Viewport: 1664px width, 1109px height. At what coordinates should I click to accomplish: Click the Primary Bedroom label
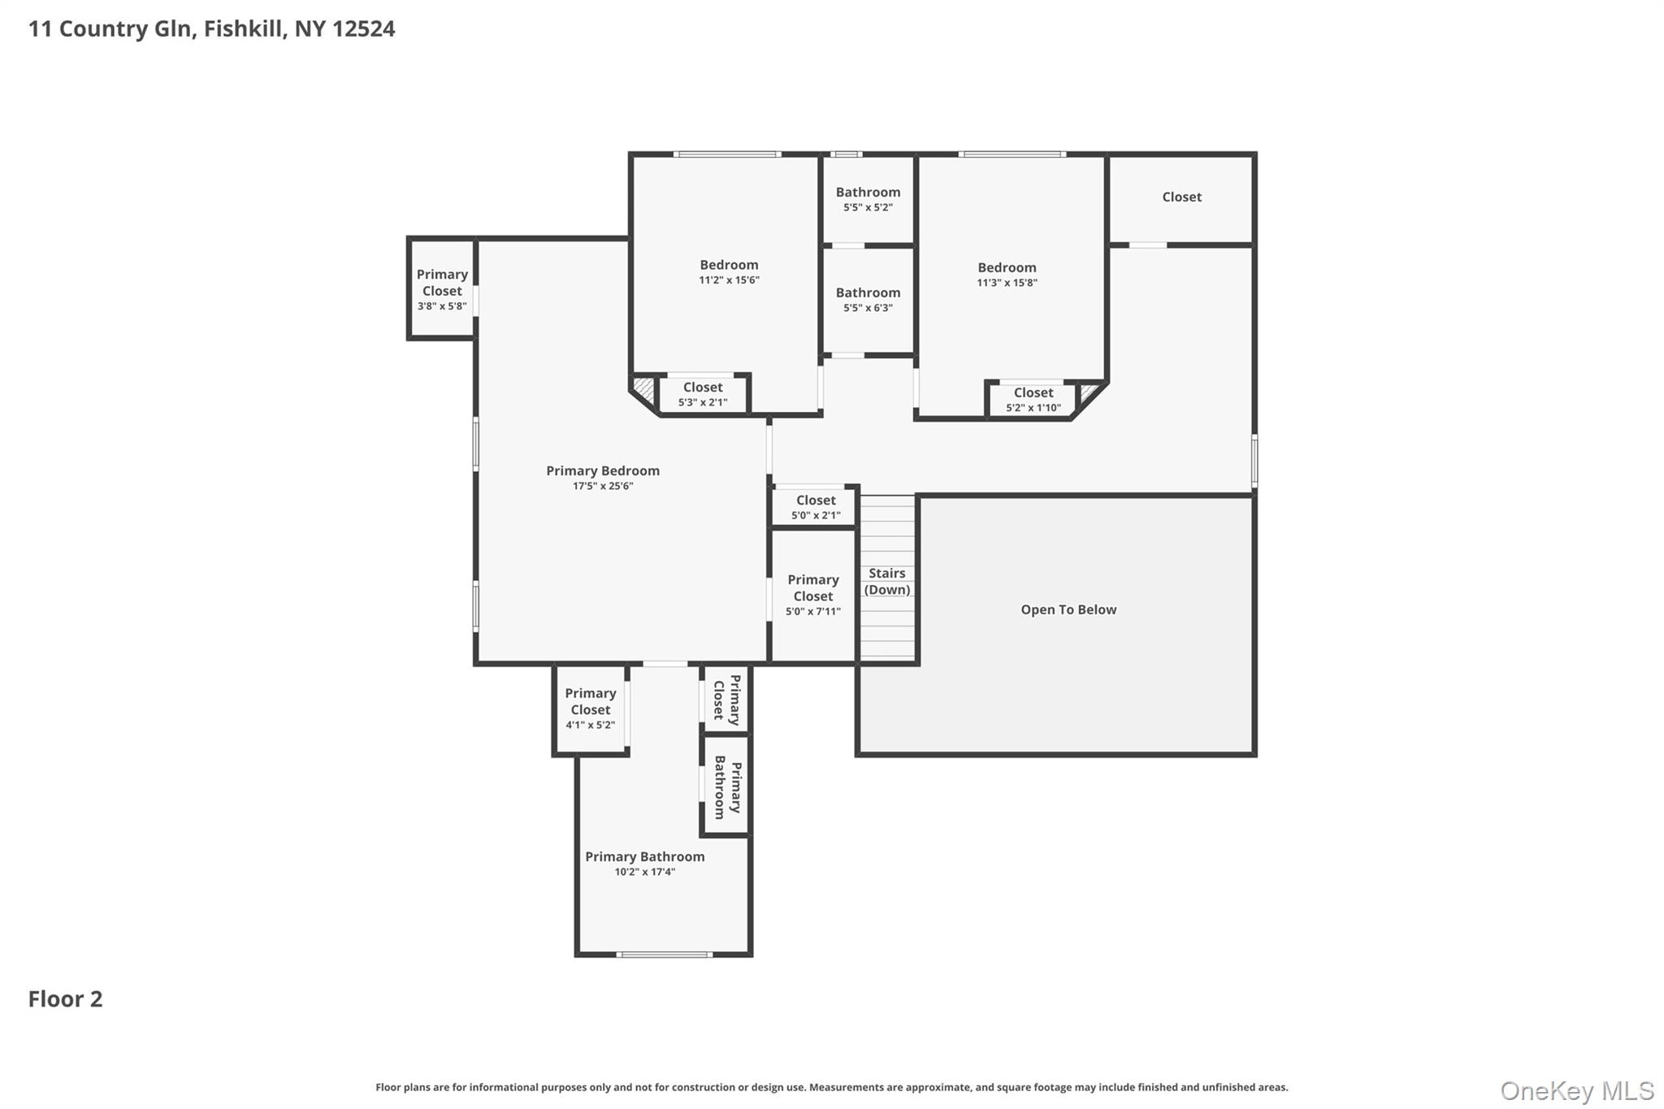pos(602,470)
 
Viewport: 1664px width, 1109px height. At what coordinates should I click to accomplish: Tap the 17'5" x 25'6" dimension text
pos(602,486)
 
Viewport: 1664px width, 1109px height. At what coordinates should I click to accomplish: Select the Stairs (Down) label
pos(886,581)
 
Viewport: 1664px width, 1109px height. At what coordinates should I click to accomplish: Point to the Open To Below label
pos(1068,609)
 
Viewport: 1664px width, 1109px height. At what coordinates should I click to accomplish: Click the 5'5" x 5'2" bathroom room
pos(868,199)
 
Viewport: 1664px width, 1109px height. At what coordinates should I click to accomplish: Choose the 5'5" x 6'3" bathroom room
pos(868,301)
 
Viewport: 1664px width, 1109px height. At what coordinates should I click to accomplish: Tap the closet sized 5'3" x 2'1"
pos(703,394)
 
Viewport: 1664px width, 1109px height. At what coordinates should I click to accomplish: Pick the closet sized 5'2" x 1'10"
pos(1033,399)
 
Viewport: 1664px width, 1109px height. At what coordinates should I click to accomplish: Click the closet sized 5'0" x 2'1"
pos(815,507)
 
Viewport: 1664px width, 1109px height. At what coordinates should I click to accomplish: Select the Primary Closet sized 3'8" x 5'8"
pos(442,288)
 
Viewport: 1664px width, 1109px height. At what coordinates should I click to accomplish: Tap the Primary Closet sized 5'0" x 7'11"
pos(813,596)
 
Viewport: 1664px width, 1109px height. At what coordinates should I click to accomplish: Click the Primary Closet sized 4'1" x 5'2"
pos(590,709)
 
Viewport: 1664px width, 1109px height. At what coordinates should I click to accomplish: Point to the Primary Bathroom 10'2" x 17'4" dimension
pos(644,872)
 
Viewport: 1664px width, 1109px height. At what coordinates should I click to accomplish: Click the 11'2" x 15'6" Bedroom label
pos(729,265)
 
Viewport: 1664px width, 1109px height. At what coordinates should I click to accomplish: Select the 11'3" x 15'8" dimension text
pos(1007,283)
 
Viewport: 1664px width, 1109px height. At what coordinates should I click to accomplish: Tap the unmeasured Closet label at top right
pos(1181,197)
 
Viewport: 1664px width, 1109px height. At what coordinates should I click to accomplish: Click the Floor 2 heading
pos(66,999)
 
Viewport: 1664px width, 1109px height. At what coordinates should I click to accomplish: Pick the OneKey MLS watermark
pos(1577,1090)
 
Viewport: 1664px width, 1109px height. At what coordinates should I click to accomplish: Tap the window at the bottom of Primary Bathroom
pos(665,955)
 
